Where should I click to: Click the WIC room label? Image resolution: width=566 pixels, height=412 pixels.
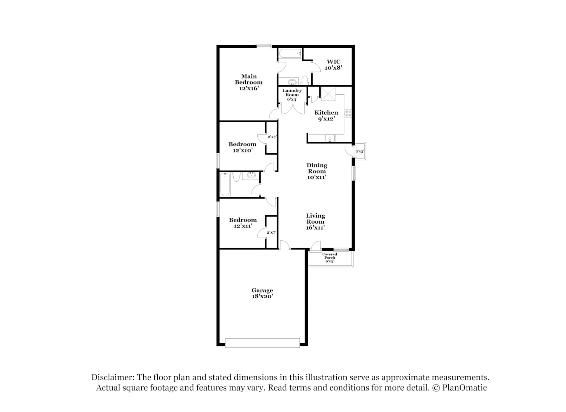[x=333, y=61]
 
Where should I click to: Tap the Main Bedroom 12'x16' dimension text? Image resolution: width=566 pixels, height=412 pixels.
[x=249, y=88]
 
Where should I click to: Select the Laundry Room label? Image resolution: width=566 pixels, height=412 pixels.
[x=292, y=93]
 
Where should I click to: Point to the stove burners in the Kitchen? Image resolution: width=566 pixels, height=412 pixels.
[x=348, y=113]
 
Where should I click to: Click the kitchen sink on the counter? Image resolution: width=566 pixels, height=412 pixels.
[x=330, y=138]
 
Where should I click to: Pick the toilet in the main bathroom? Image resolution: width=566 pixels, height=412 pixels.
[x=305, y=80]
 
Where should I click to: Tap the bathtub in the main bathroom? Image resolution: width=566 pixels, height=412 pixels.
[x=291, y=54]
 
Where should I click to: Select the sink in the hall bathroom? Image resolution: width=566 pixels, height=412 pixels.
[x=251, y=175]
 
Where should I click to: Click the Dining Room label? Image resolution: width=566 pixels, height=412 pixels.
[x=317, y=168]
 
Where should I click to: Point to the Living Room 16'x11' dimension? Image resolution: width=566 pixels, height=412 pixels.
[x=315, y=227]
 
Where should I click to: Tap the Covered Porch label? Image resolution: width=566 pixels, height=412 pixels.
[x=329, y=256]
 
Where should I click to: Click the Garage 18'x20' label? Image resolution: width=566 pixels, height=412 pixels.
[x=262, y=293]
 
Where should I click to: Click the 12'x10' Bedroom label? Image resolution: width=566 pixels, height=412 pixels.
[x=242, y=147]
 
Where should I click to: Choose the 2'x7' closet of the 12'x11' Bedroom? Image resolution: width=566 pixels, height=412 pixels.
[x=271, y=232]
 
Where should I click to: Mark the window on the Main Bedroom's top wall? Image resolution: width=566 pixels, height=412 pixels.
[x=264, y=46]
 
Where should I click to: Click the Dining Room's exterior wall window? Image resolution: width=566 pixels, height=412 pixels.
[x=353, y=173]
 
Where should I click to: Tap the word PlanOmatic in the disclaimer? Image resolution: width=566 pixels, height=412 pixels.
[x=464, y=388]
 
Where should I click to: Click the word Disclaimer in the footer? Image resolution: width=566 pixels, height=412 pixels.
[x=113, y=377]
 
